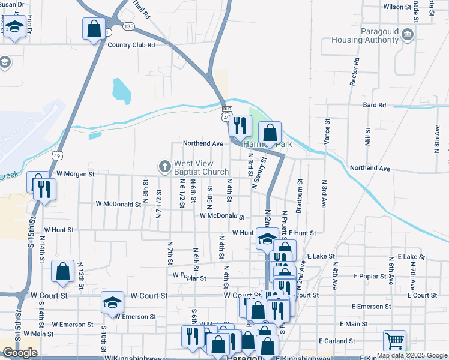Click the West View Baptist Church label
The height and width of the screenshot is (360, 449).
[x=202, y=167]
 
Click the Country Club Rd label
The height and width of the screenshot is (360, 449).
[x=131, y=44]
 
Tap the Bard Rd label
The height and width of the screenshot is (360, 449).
[x=374, y=105]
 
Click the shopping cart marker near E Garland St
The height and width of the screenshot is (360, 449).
[x=394, y=341]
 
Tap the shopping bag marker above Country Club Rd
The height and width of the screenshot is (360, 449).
[x=94, y=28]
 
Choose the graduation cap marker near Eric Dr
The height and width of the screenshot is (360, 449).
[x=14, y=26]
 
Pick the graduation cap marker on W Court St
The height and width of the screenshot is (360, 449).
[x=112, y=302]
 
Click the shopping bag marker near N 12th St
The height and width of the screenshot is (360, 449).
[x=62, y=271]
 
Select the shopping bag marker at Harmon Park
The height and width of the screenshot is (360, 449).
[x=270, y=133]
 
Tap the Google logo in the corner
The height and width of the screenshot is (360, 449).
[x=20, y=353]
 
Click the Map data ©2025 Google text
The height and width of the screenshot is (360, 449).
[x=412, y=355]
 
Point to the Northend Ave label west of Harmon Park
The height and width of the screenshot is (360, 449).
[x=203, y=144]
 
